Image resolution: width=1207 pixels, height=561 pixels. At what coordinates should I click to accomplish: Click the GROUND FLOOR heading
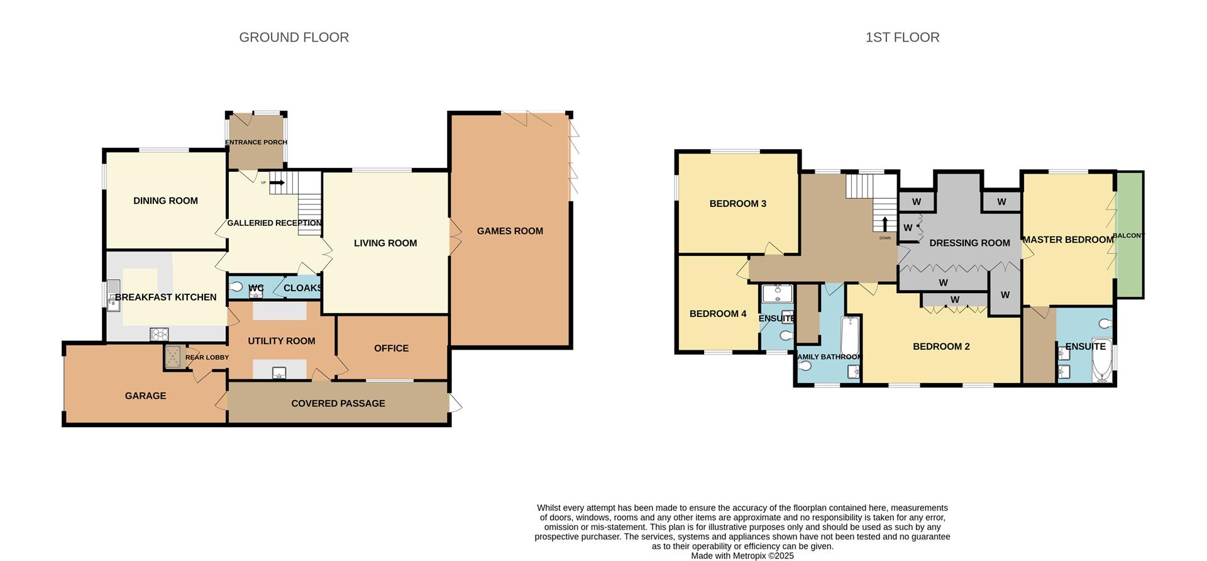294,38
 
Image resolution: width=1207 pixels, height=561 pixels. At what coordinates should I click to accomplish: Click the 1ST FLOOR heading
902,38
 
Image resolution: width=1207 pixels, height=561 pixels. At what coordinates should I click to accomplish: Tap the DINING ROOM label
165,201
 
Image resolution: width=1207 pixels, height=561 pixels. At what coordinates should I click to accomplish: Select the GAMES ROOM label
510,231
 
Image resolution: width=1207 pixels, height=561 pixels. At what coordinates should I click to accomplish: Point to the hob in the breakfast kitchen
159,335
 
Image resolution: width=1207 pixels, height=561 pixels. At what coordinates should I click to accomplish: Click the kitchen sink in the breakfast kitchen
113,296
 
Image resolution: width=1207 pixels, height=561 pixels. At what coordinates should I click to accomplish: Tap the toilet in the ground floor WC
236,287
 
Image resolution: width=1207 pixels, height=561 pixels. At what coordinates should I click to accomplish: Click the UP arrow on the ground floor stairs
277,182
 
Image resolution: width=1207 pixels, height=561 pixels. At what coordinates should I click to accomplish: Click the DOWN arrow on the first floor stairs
885,225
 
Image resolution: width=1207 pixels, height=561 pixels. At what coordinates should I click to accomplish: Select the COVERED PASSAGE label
338,404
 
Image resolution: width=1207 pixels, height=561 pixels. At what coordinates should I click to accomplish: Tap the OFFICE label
391,348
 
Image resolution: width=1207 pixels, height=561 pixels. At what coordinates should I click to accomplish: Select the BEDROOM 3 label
737,204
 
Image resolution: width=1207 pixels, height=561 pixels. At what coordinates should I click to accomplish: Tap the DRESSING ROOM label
969,243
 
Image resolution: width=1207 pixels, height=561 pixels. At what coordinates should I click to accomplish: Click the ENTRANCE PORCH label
256,142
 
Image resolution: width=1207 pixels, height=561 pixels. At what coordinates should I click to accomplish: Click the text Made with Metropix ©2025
742,556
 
